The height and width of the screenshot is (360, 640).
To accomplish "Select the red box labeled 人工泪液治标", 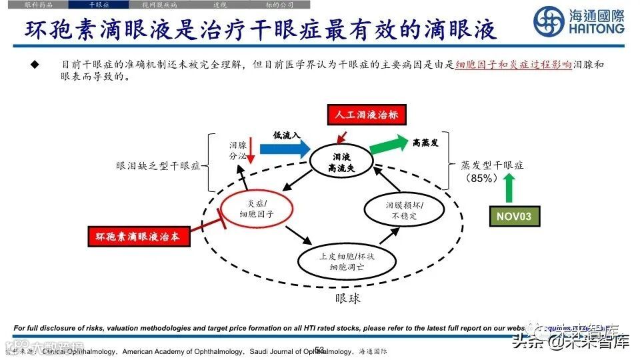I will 367,115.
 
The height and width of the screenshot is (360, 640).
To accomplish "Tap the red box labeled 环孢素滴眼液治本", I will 139,236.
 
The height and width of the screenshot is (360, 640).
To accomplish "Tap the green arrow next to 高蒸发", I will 388,144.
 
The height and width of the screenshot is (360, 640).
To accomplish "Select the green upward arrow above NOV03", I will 511,187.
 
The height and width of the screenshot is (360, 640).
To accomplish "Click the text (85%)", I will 483,178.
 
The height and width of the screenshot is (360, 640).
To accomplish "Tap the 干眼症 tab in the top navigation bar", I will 99,5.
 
